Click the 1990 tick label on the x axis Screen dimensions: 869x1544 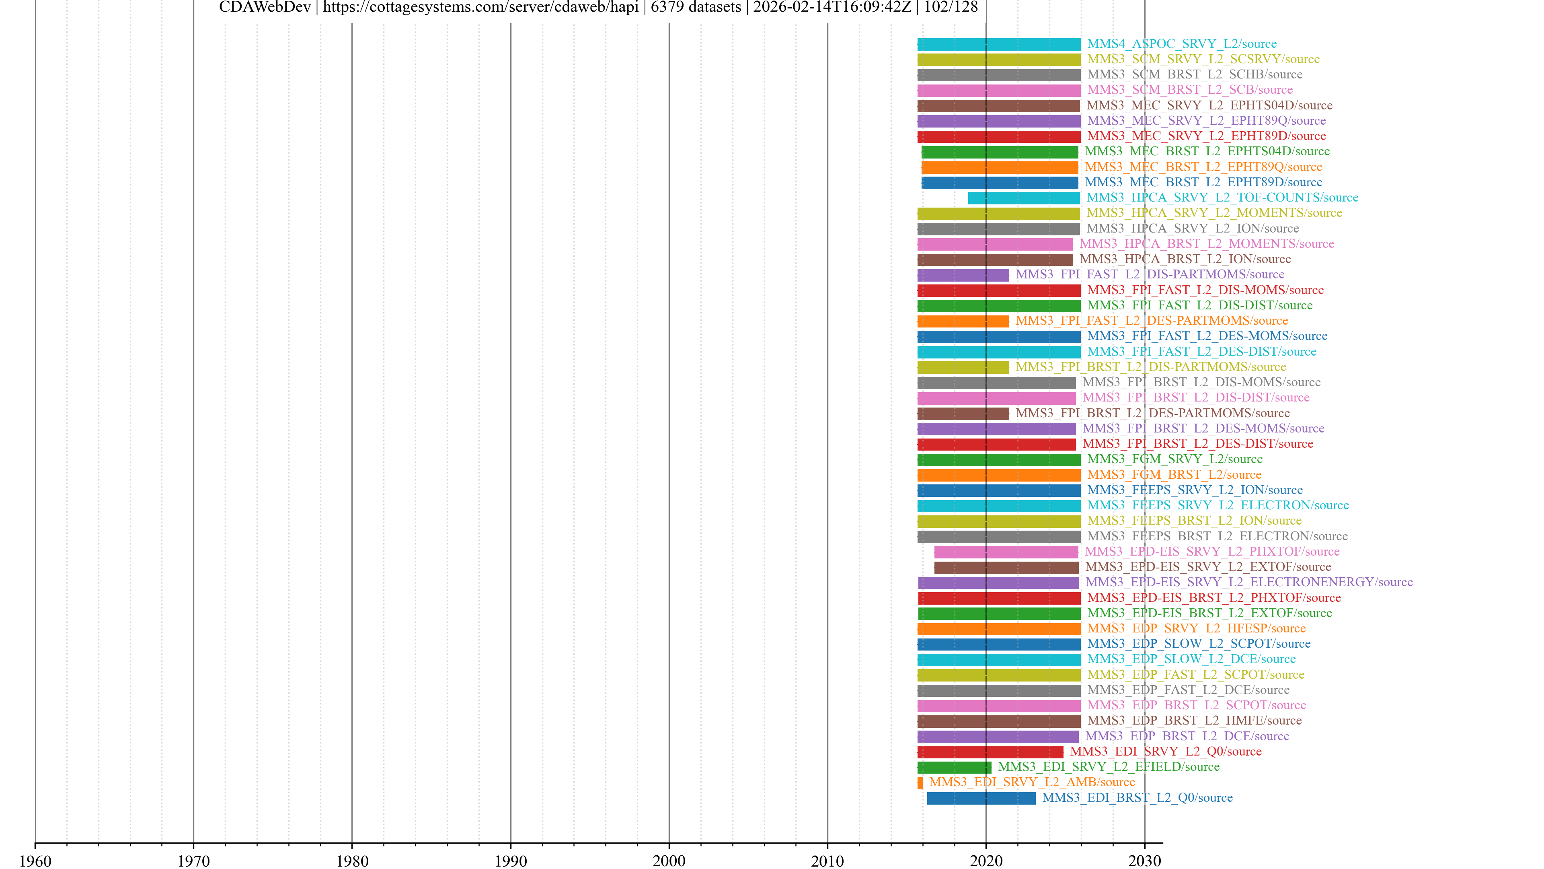pos(510,861)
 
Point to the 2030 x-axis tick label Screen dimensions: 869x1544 pos(1144,861)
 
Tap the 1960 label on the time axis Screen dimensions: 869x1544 pos(35,861)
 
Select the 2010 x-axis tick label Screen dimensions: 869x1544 pos(827,861)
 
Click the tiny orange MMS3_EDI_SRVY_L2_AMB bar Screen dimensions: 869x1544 pos(920,783)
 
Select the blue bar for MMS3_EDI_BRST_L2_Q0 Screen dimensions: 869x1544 pos(981,798)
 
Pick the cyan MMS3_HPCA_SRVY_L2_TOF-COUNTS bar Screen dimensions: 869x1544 pos(1024,198)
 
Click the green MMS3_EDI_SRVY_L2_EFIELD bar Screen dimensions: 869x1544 pos(954,767)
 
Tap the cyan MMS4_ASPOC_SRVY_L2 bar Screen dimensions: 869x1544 pos(998,44)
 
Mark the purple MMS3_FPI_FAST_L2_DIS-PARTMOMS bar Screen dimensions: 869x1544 pos(963,275)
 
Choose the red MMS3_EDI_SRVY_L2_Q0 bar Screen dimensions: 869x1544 pos(990,752)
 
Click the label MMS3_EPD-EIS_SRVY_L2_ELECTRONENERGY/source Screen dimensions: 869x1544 pos(1249,582)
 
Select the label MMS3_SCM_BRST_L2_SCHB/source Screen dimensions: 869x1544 pos(1195,74)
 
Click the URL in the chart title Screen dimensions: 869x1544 pos(480,7)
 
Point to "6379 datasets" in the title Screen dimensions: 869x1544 pos(696,7)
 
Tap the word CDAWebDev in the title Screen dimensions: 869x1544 pos(265,7)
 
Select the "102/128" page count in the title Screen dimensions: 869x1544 pos(951,7)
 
